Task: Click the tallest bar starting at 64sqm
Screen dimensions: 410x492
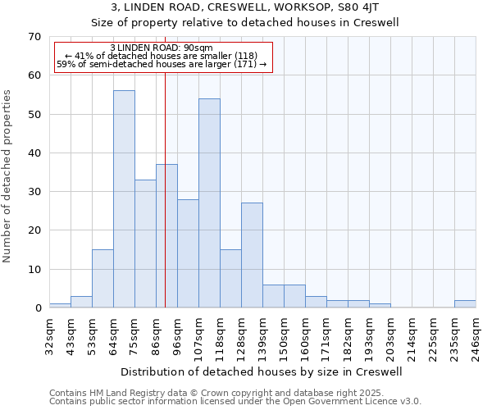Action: pyautogui.click(x=124, y=199)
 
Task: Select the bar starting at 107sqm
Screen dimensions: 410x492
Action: pyautogui.click(x=209, y=203)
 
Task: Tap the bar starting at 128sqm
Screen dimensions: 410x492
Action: pyautogui.click(x=252, y=255)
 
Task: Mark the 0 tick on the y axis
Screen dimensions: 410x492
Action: pyautogui.click(x=37, y=308)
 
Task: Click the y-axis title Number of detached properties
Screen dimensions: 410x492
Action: pyautogui.click(x=8, y=175)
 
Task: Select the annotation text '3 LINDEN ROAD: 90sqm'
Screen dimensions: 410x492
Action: pyautogui.click(x=162, y=48)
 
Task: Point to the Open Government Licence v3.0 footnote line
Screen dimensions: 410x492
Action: pyautogui.click(x=235, y=402)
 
